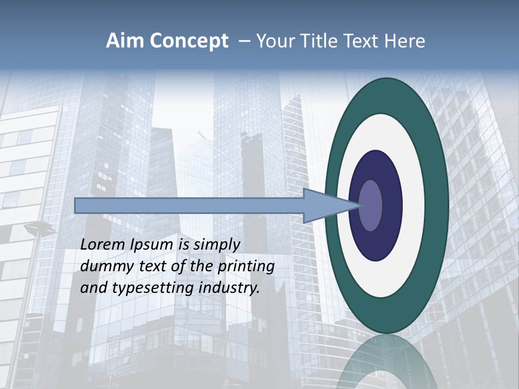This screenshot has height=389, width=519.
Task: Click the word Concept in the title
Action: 189,41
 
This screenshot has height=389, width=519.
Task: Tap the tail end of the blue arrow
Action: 78,205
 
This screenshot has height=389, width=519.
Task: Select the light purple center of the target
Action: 370,205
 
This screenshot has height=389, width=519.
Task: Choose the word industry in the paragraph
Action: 229,288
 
